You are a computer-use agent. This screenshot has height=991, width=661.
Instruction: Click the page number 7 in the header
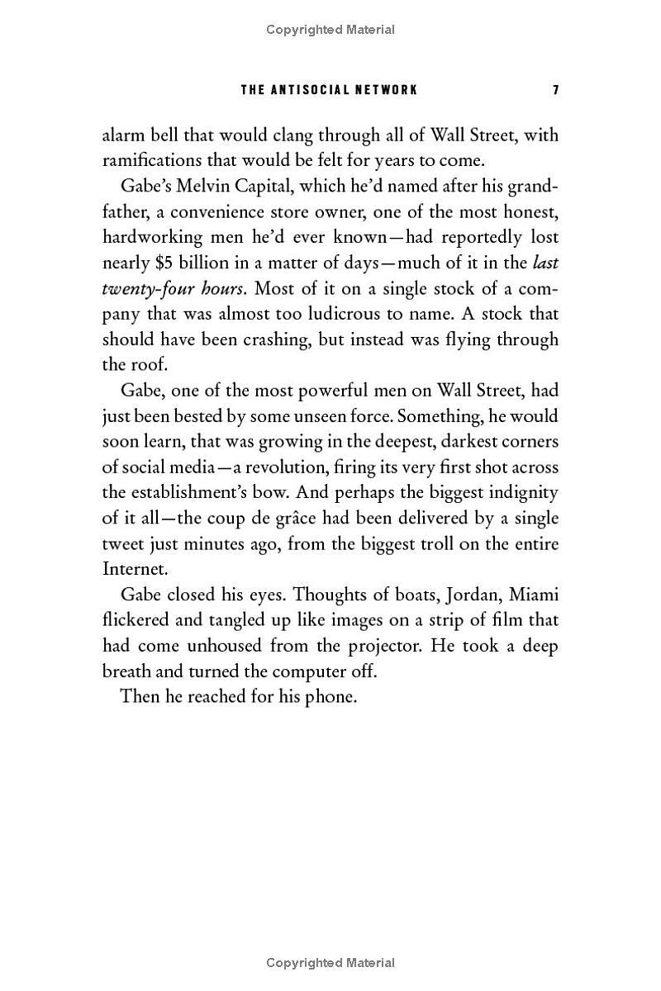click(x=556, y=89)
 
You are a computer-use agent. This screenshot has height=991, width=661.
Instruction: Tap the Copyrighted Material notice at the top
click(x=330, y=30)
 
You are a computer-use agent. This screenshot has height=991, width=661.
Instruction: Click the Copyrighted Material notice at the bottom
click(x=330, y=962)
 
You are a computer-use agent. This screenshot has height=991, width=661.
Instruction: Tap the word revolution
click(x=281, y=467)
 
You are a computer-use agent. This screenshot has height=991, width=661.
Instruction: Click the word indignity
click(x=520, y=493)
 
